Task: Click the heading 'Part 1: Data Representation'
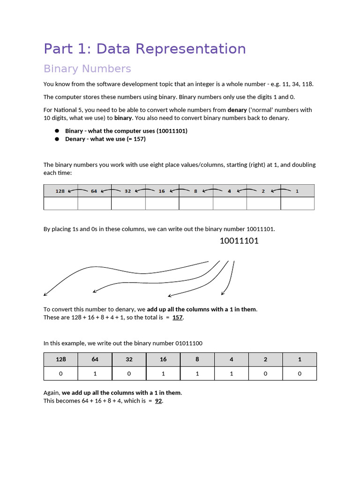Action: coord(144,49)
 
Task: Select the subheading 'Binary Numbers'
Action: coord(87,69)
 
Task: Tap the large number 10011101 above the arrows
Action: coord(239,241)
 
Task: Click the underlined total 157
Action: coord(178,317)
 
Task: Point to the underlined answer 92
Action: coord(158,401)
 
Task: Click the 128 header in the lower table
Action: coord(61,360)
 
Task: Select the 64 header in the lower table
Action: coord(95,360)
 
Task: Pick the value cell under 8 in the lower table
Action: coord(197,374)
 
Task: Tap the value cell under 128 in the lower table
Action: coord(61,374)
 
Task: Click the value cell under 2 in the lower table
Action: coord(265,374)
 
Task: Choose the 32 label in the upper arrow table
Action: coord(128,191)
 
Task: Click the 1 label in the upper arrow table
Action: coord(297,191)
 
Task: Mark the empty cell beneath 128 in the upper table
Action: coord(61,203)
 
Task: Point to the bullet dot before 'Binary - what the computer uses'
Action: coord(57,131)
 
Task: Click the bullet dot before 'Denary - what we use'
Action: coord(57,139)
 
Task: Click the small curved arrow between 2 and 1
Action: coord(280,190)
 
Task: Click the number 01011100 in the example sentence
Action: coord(189,343)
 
